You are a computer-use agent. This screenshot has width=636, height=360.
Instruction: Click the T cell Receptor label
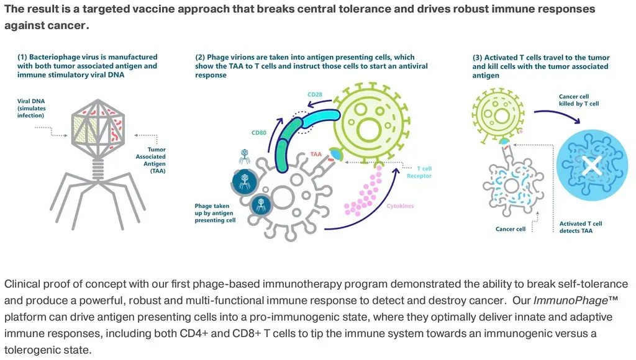[424, 172]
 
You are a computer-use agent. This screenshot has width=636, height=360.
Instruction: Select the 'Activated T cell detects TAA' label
[581, 227]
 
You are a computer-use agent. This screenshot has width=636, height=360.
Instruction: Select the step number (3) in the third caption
[478, 58]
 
